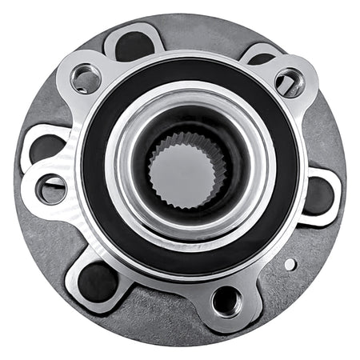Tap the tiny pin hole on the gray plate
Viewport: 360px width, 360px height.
coord(290,264)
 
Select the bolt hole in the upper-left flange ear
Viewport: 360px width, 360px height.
coord(85,78)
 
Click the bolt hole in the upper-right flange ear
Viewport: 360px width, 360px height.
coord(288,82)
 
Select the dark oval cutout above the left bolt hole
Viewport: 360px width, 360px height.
coord(46,148)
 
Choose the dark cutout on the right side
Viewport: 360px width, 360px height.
coord(318,194)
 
